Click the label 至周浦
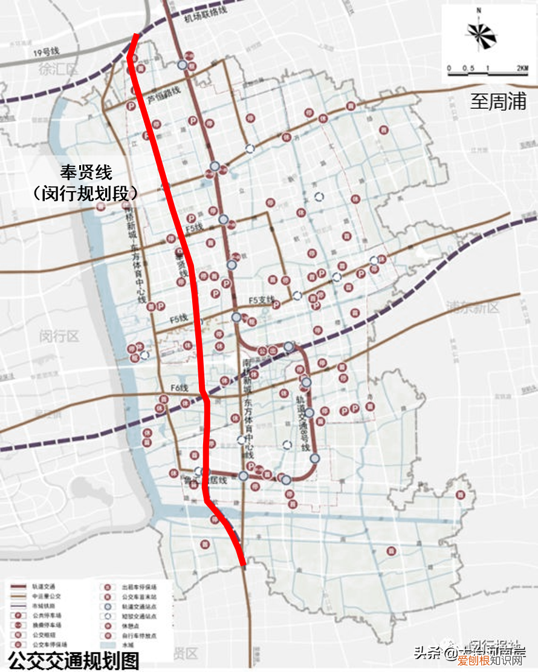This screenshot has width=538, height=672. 498,101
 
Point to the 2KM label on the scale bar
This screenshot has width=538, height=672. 522,68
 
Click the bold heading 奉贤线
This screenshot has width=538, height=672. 86,172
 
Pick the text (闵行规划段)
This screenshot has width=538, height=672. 86,193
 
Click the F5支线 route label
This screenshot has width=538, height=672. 261,300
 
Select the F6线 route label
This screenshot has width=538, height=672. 180,388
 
